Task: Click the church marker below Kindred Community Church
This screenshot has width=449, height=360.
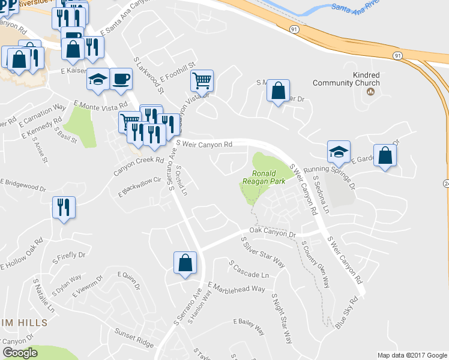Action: tap(370, 92)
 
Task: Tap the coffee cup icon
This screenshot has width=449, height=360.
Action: tap(121, 78)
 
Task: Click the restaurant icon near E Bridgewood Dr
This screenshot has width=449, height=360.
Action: tap(64, 208)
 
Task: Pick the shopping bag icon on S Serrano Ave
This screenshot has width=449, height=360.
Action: tap(185, 262)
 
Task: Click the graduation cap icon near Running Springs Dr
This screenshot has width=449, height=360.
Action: tap(339, 152)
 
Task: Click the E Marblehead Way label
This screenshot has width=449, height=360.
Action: tap(237, 288)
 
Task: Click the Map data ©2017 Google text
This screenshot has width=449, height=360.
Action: tap(412, 355)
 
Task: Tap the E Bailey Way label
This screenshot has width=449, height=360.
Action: tap(248, 326)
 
